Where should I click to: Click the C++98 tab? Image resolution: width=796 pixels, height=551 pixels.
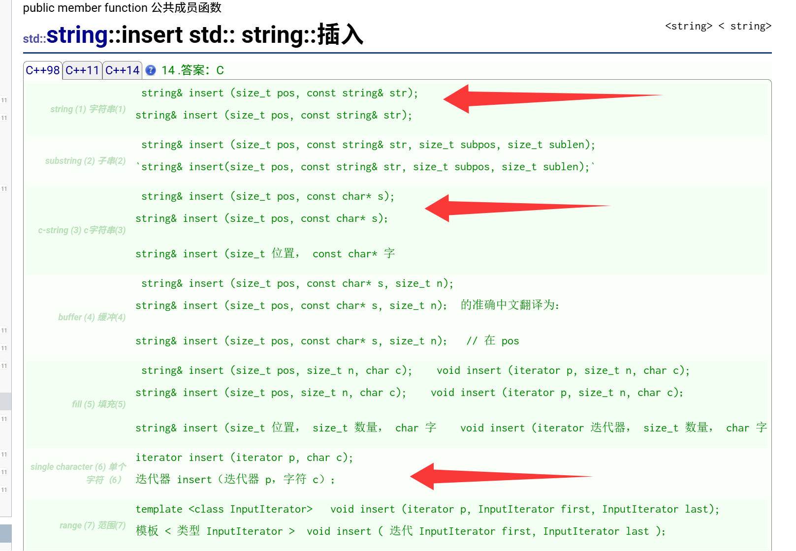(x=43, y=70)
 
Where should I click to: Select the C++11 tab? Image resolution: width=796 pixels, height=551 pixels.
(x=82, y=70)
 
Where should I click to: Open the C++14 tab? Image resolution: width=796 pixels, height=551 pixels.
(x=122, y=70)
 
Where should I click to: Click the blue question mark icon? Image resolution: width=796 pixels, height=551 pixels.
(x=151, y=70)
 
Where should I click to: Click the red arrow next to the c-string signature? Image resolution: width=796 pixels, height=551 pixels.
(x=517, y=208)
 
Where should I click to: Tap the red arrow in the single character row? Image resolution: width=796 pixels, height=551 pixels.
(x=501, y=476)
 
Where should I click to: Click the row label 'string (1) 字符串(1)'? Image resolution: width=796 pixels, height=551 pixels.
(x=88, y=109)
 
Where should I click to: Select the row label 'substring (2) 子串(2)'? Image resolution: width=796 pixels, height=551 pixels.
(x=86, y=161)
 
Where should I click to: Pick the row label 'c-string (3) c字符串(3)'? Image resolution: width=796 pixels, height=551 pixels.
(x=82, y=230)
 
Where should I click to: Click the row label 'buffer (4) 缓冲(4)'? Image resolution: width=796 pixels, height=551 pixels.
(x=92, y=317)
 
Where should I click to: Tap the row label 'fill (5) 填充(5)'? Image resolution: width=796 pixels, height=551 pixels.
(x=99, y=404)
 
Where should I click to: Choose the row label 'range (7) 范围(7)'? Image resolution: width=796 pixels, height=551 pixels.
(x=93, y=525)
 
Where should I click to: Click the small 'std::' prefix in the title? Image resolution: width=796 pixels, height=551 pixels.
(x=34, y=39)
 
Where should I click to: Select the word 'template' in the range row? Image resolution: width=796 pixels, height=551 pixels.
(x=159, y=509)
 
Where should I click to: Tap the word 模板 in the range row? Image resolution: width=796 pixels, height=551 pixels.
(x=147, y=531)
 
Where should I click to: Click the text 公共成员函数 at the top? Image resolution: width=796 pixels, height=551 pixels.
(x=186, y=7)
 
